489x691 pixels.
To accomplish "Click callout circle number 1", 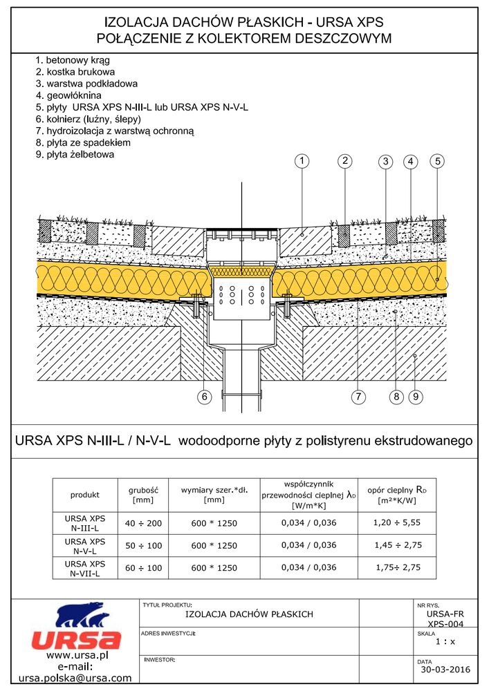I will coord(302,162).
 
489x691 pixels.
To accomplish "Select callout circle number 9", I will coord(416,397).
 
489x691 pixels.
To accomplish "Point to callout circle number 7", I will coord(358,397).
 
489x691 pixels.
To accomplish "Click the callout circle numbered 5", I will coord(437,162).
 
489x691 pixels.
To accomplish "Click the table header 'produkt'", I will coord(85,494).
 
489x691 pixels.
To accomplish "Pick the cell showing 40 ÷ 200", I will coord(145,523).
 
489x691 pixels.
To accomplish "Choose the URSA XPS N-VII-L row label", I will coord(85,568).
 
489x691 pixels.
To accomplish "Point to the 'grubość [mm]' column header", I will coord(145,494).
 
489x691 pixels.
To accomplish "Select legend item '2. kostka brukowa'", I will coord(75,71).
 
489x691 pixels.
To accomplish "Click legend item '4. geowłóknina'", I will coord(69,95).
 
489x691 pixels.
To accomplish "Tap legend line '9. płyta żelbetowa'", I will coord(75,155).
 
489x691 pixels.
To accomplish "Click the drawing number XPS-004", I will coord(446,623).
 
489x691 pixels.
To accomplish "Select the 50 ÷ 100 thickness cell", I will coord(145,545).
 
